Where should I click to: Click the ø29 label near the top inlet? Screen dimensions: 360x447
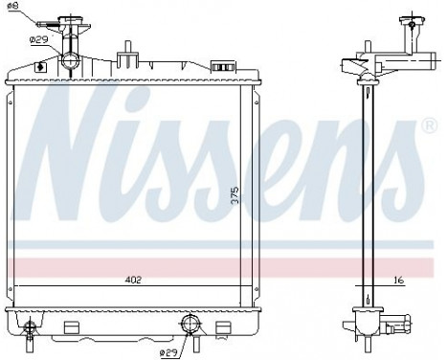pyautogui.click(x=39, y=39)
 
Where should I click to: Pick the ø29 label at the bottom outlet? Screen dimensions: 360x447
pyautogui.click(x=168, y=353)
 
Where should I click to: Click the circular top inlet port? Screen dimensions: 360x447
pyautogui.click(x=70, y=62)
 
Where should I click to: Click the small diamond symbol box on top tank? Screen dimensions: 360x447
pyautogui.click(x=38, y=66)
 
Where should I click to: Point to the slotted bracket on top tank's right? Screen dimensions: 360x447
pyautogui.click(x=222, y=66)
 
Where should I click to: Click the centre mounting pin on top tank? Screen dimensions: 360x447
pyautogui.click(x=125, y=52)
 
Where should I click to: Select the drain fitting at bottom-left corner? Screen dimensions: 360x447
pyautogui.click(x=31, y=328)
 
